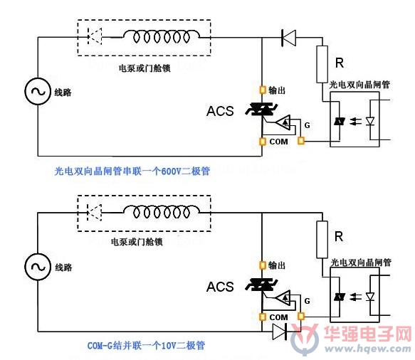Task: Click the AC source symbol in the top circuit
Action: (x=38, y=92)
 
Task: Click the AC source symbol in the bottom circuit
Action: (x=38, y=267)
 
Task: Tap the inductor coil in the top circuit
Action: (x=162, y=36)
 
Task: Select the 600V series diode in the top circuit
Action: (x=288, y=38)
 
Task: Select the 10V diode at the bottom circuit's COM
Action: (x=280, y=332)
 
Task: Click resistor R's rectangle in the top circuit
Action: (x=322, y=64)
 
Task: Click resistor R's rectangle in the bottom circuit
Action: (x=322, y=239)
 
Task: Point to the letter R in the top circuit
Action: (x=340, y=63)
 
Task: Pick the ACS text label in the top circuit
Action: (x=220, y=111)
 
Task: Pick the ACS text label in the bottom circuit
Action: (x=220, y=287)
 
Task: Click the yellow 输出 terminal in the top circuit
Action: (x=262, y=90)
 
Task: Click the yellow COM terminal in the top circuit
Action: (x=262, y=142)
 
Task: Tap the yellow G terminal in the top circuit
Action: (x=301, y=140)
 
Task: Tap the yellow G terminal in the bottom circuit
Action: (x=301, y=316)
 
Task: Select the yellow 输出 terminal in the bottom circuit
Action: (x=262, y=265)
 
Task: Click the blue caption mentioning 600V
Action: (x=132, y=171)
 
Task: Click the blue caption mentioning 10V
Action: (x=146, y=345)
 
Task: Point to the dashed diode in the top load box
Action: (x=95, y=36)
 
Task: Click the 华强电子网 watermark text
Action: (x=368, y=334)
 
